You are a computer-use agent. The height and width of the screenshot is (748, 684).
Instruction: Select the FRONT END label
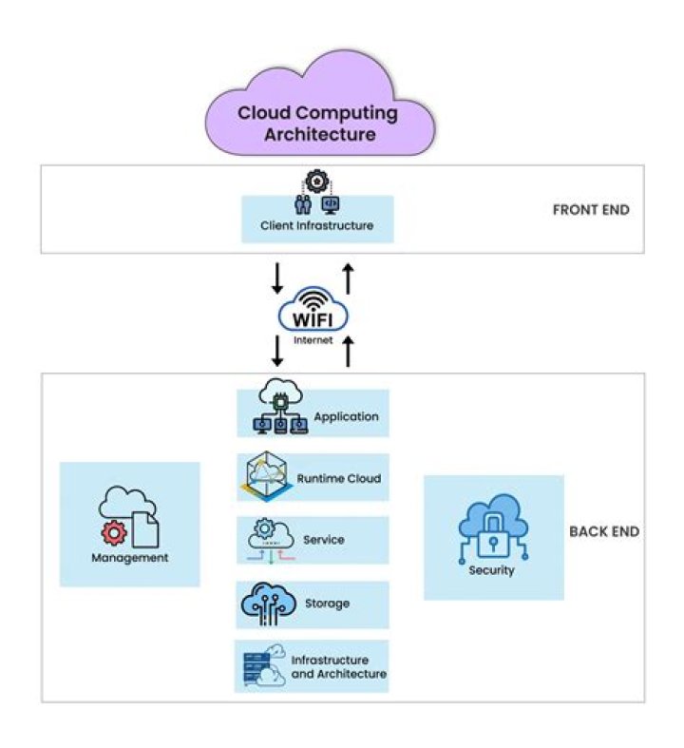pyautogui.click(x=590, y=210)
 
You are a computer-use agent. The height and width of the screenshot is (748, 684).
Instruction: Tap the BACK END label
pyautogui.click(x=603, y=531)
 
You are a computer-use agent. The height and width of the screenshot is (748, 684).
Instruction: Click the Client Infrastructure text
pyautogui.click(x=316, y=226)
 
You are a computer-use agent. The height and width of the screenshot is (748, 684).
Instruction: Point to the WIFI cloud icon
pyautogui.click(x=313, y=310)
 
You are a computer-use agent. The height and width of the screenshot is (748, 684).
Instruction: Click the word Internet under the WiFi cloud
pyautogui.click(x=313, y=338)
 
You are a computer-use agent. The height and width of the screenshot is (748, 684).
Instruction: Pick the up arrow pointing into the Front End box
pyautogui.click(x=348, y=278)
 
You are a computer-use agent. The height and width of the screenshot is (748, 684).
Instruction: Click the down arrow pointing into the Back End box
pyautogui.click(x=277, y=351)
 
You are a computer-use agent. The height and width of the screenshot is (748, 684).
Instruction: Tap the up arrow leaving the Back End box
pyautogui.click(x=348, y=351)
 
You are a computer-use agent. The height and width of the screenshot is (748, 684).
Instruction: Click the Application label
pyautogui.click(x=346, y=416)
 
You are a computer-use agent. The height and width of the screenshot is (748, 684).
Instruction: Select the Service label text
pyautogui.click(x=323, y=540)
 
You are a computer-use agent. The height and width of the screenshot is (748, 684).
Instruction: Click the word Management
pyautogui.click(x=129, y=558)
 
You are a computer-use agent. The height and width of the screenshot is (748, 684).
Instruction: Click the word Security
pyautogui.click(x=491, y=570)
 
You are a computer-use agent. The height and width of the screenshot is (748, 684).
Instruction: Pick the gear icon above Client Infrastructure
pyautogui.click(x=316, y=181)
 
